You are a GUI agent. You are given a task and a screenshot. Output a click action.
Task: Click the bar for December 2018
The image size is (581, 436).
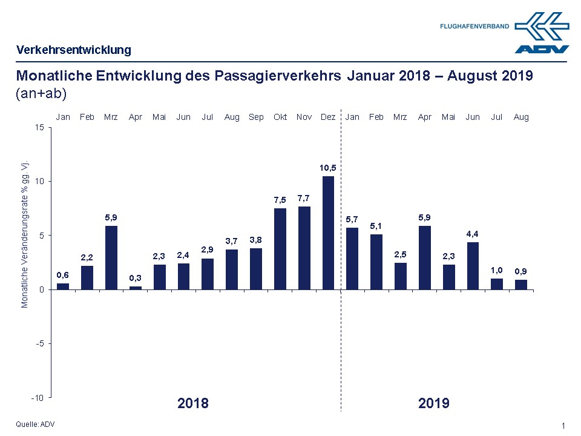[329, 233]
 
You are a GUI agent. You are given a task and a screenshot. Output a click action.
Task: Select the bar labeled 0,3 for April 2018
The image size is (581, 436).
[136, 288]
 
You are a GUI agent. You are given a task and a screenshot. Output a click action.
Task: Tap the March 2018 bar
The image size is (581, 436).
[111, 257]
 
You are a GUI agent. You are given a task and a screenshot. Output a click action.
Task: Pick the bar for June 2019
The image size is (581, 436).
[473, 266]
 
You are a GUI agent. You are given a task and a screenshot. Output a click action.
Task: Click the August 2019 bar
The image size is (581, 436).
[521, 285]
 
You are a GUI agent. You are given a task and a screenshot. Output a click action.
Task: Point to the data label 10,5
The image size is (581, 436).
[329, 167]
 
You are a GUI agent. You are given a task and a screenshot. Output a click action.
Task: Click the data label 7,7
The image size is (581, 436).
[304, 198]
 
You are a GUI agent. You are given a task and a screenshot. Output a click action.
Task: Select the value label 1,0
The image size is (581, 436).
[497, 270]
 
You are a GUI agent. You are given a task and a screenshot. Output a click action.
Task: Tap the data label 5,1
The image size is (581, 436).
[376, 226]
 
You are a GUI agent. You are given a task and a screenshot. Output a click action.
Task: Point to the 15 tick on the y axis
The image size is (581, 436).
[39, 127]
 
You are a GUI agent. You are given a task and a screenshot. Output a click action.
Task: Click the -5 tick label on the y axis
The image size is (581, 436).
[39, 343]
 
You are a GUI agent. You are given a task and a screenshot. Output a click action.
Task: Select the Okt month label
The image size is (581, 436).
[280, 117]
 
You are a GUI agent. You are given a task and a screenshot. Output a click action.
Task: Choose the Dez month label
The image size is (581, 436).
[329, 117]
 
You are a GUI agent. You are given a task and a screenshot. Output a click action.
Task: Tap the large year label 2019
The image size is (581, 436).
[434, 403]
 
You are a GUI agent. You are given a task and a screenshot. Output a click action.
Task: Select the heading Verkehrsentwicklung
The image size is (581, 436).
[74, 50]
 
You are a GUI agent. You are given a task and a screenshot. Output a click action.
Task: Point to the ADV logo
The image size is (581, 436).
[542, 33]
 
